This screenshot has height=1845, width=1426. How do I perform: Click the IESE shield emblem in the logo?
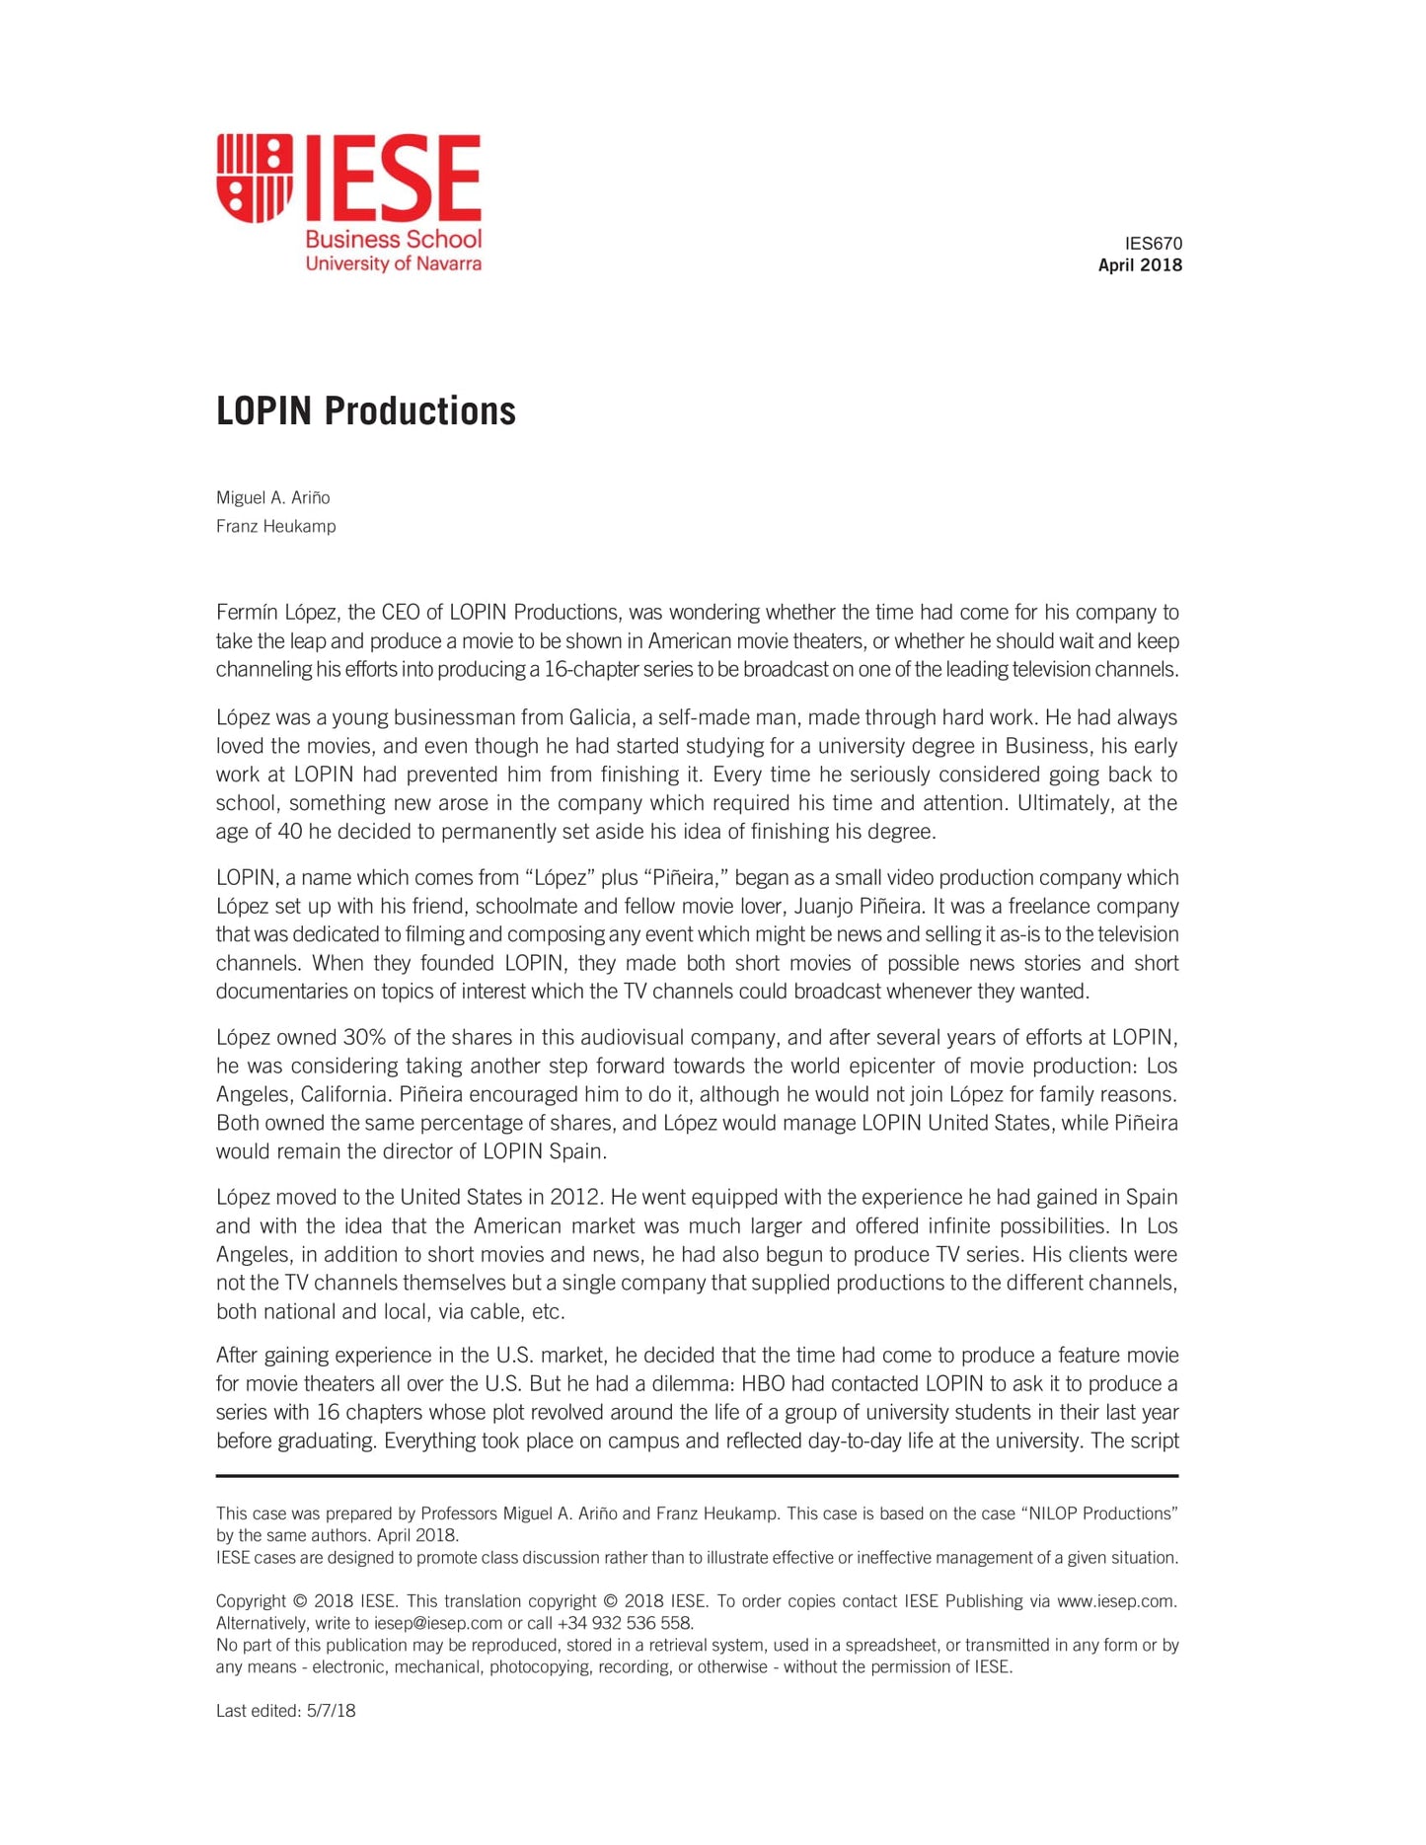point(255,178)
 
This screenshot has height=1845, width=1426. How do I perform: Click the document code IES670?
point(1153,244)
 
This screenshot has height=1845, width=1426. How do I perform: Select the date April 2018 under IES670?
point(1140,265)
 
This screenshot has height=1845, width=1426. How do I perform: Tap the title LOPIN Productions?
point(365,411)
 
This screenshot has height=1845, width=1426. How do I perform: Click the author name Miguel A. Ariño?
point(273,497)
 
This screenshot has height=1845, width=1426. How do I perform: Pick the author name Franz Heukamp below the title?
point(275,526)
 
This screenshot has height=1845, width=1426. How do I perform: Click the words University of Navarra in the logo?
point(393,263)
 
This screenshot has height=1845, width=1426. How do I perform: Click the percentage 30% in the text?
point(364,1037)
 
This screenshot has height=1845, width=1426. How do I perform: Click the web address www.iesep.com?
point(1115,1601)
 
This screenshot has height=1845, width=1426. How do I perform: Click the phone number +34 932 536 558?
point(624,1623)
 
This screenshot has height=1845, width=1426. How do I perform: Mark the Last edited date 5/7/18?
point(331,1711)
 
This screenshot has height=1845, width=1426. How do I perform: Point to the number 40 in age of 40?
point(289,831)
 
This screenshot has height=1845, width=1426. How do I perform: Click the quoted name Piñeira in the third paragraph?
point(685,877)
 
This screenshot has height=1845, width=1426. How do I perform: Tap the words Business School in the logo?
point(393,239)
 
